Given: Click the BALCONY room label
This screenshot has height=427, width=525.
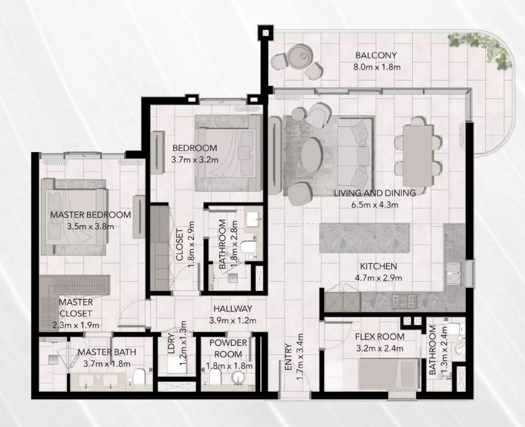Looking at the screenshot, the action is tap(376, 56).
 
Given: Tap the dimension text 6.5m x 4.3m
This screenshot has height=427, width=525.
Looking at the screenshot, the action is tap(374, 205).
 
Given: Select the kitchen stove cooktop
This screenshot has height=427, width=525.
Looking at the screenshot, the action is tap(404, 301).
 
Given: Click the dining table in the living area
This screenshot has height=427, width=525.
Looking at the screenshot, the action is tap(418, 156).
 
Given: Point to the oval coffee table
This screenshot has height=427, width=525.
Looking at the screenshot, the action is tap(312, 155).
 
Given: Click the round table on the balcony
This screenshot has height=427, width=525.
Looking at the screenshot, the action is tap(301, 56).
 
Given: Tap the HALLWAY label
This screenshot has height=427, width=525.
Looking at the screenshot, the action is tap(233, 309).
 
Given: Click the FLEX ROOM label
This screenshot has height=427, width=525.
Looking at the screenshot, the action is tap(380, 336).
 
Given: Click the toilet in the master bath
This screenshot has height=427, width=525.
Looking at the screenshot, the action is tap(138, 376).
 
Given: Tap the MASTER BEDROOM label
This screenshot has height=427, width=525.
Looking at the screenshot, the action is tap(91, 215).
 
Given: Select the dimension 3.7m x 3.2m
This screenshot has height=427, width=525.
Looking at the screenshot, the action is tap(195, 160).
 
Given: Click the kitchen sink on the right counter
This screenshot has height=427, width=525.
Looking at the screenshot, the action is tap(454, 273).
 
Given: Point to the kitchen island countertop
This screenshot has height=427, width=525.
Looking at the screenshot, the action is tap(364, 238).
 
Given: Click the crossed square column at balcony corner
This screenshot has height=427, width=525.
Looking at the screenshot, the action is tap(265, 33).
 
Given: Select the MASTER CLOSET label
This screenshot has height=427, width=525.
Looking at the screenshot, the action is tap(76, 308).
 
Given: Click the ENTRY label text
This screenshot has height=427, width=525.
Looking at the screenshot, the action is tap(288, 357).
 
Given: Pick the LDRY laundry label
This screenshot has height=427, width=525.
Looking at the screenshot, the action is tap(171, 344).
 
